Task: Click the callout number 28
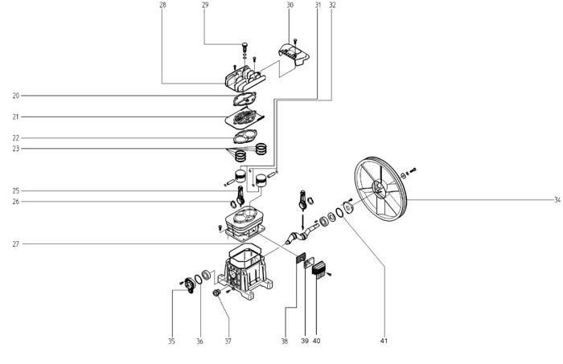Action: [162, 5]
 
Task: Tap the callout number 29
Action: [205, 5]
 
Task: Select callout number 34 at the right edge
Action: [557, 200]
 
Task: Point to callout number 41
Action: [384, 341]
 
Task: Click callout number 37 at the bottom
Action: [228, 341]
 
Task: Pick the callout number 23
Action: [16, 149]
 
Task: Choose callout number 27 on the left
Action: [16, 243]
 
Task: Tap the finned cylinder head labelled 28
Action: [245, 78]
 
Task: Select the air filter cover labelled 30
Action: [294, 55]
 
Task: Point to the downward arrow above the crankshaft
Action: [302, 222]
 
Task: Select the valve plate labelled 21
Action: [245, 117]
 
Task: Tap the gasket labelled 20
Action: [245, 99]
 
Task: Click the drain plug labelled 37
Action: [216, 292]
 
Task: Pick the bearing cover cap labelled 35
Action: [189, 285]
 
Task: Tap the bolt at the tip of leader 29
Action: [245, 46]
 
